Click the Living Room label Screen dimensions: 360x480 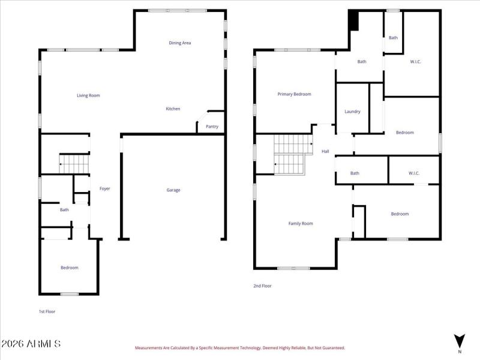[x=88, y=95]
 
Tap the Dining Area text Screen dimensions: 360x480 [x=179, y=43]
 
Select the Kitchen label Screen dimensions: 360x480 [x=173, y=109]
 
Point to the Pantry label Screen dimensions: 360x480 [x=212, y=127]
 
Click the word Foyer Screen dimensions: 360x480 [x=104, y=189]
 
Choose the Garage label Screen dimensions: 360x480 [x=173, y=190]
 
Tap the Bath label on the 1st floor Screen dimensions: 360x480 [x=64, y=210]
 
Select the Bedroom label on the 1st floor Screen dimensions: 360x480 [x=69, y=268]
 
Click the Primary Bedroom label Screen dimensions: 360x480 [x=294, y=94]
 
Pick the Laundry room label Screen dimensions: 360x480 [x=352, y=112]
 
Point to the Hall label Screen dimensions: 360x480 [x=325, y=151]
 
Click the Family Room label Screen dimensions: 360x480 [x=301, y=224]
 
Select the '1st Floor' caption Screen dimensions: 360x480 [x=47, y=311]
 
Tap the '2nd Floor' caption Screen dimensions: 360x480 [x=262, y=286]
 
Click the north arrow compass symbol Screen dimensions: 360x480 [x=460, y=340]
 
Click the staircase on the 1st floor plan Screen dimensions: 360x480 [x=74, y=163]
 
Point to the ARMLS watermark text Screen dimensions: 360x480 [x=31, y=344]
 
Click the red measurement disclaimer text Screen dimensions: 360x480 [x=239, y=347]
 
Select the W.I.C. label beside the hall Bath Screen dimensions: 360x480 [x=414, y=173]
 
